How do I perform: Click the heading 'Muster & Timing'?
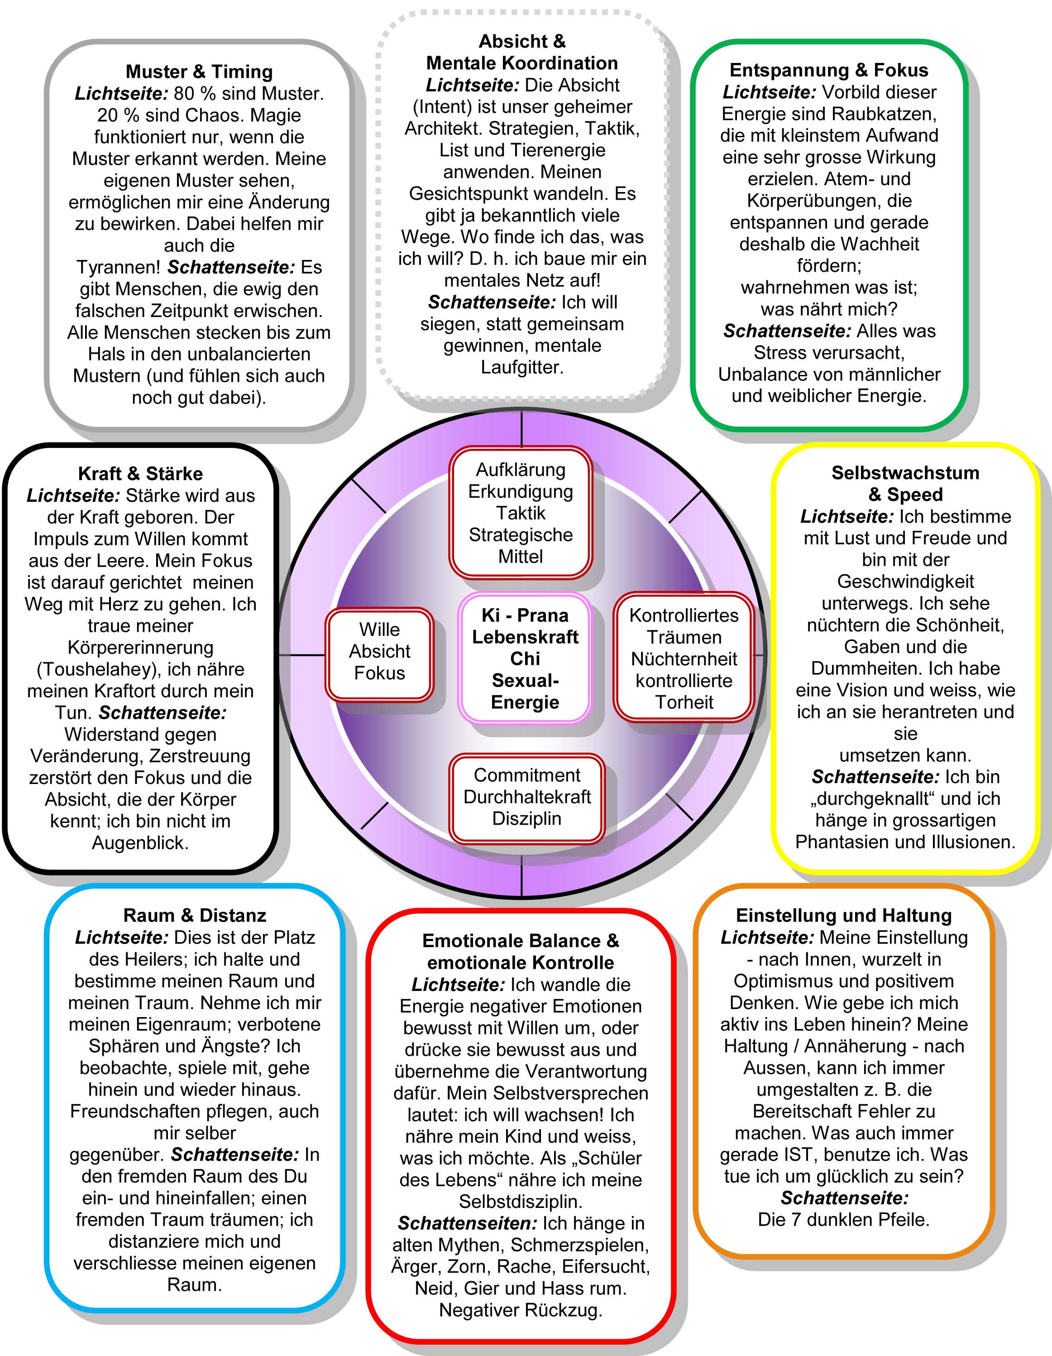tap(199, 72)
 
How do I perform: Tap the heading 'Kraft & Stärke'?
tap(140, 474)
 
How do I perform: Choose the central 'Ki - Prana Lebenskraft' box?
tap(525, 658)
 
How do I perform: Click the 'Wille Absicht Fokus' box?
tap(379, 651)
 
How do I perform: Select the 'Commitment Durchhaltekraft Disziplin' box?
tap(527, 797)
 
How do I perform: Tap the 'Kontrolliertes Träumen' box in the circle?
tap(684, 658)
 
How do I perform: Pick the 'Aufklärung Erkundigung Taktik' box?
tap(521, 513)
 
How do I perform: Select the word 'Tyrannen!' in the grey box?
tap(119, 268)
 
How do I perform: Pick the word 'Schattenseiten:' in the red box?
tap(467, 1224)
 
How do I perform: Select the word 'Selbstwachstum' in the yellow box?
tap(905, 473)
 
